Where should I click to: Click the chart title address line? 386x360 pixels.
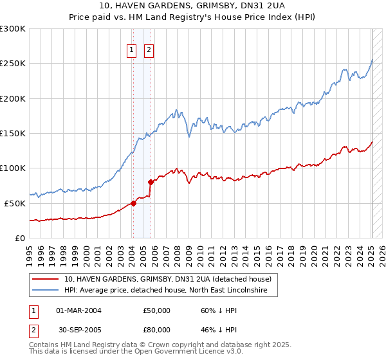[192, 6]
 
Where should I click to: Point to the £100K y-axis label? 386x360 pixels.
[13, 168]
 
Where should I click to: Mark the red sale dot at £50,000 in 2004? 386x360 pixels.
[134, 203]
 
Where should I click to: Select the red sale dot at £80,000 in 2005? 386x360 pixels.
[151, 182]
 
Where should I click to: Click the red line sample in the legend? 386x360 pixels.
[45, 279]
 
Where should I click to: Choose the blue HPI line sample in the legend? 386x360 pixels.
[45, 290]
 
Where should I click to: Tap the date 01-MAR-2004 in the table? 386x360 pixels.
[78, 310]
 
